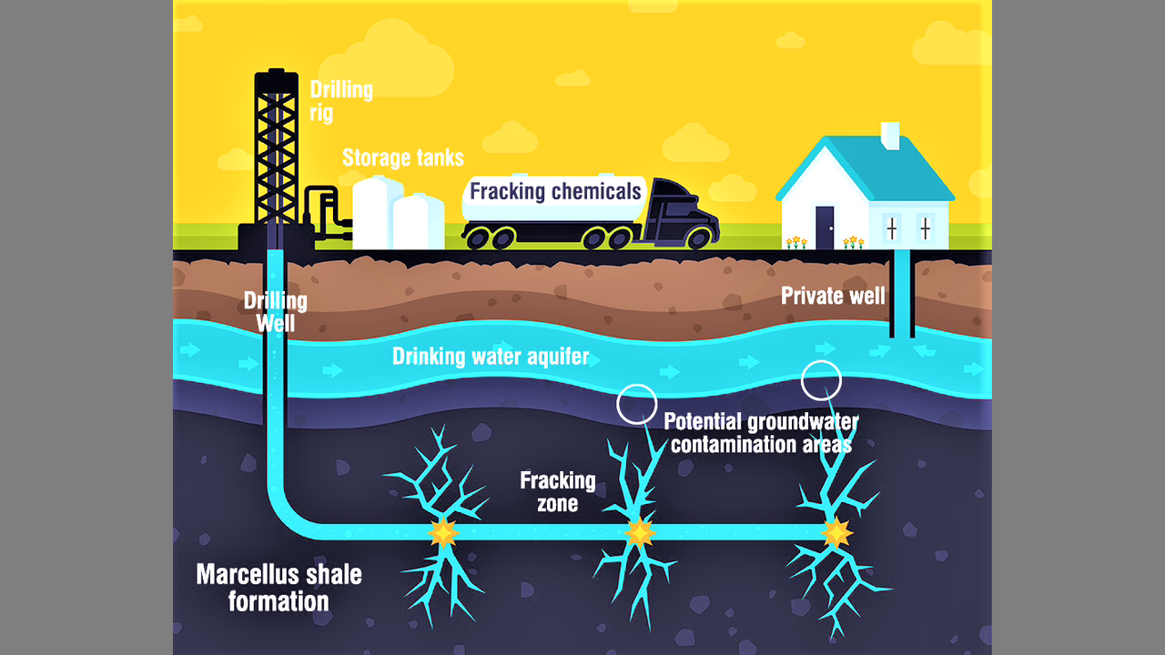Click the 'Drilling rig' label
[x=341, y=101]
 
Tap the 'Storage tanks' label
[x=402, y=158]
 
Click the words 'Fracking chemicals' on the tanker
[x=555, y=192]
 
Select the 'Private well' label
[x=833, y=296]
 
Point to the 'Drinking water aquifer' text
[x=491, y=356]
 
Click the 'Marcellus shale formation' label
[x=279, y=588]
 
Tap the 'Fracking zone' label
[x=558, y=490]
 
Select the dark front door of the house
[x=825, y=227]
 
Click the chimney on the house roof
[x=889, y=136]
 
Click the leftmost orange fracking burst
[x=443, y=532]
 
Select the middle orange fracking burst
[x=639, y=531]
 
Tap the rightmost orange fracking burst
[x=836, y=532]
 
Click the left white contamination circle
[x=636, y=403]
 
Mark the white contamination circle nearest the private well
[x=821, y=380]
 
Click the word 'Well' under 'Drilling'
[x=275, y=323]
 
